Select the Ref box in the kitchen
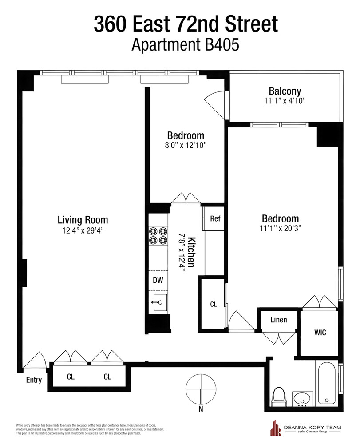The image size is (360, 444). point(215,219)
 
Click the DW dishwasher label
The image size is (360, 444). point(157,280)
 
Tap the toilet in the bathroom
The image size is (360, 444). point(279,395)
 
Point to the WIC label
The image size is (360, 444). point(320,333)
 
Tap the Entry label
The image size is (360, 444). point(34,380)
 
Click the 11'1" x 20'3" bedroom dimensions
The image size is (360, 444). point(280,229)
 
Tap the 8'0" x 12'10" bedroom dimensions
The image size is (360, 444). point(186,145)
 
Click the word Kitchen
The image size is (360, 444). point(191,252)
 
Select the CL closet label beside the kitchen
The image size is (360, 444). point(213,305)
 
